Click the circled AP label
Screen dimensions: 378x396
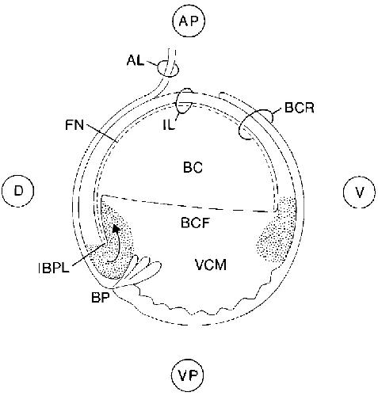(x=189, y=21)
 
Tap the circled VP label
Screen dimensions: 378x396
(x=188, y=375)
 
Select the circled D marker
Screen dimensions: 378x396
(x=18, y=191)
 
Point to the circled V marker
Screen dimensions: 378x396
(x=359, y=192)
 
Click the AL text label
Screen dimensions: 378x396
(x=136, y=60)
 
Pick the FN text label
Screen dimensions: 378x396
(x=74, y=125)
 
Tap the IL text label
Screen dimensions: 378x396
(x=169, y=124)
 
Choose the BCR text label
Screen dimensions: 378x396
(x=300, y=108)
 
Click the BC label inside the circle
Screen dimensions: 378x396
(x=193, y=167)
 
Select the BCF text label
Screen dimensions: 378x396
(x=195, y=223)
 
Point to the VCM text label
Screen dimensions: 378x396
(x=211, y=265)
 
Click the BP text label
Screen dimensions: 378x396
(x=101, y=298)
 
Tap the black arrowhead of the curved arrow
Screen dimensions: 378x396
(x=116, y=228)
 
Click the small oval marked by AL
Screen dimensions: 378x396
(x=168, y=68)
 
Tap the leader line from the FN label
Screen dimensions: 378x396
(x=101, y=131)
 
